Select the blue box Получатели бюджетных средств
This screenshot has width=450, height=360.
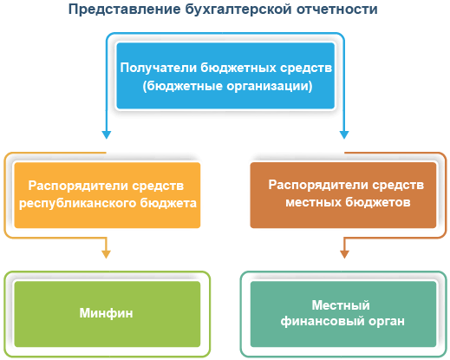click(x=226, y=76)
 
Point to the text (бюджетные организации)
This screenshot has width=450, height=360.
click(x=226, y=87)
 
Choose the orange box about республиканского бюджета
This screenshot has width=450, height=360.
click(x=108, y=194)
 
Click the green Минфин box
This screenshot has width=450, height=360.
click(x=108, y=312)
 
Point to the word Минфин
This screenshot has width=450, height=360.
click(x=108, y=312)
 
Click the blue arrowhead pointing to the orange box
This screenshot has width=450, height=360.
click(x=106, y=134)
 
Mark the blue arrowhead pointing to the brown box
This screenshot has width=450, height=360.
click(x=344, y=134)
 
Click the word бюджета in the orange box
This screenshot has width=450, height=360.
click(x=173, y=202)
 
